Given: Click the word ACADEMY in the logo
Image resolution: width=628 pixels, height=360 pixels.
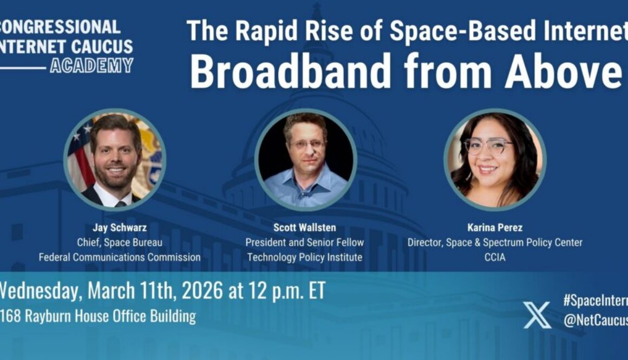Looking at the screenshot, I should pyautogui.click(x=91, y=66).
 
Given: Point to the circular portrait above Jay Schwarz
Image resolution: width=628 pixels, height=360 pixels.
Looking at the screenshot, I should pyautogui.click(x=115, y=159).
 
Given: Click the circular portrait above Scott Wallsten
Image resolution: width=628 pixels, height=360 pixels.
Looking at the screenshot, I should pyautogui.click(x=305, y=159).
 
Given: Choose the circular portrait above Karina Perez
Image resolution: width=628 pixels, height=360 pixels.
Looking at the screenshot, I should pyautogui.click(x=495, y=159).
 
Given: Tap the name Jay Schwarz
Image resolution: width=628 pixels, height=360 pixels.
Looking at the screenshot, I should pyautogui.click(x=119, y=227).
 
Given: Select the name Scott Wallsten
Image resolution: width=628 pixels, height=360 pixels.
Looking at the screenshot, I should pyautogui.click(x=304, y=227).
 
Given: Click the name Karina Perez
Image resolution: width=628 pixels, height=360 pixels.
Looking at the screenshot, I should pyautogui.click(x=494, y=227).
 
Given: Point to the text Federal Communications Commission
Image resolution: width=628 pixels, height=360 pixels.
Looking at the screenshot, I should pyautogui.click(x=119, y=257).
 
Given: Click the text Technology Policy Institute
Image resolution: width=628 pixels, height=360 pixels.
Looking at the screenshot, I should pyautogui.click(x=304, y=257).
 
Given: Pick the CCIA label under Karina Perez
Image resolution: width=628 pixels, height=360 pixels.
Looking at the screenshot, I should pyautogui.click(x=494, y=257).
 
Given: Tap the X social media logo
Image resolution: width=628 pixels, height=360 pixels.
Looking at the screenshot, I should pyautogui.click(x=537, y=315).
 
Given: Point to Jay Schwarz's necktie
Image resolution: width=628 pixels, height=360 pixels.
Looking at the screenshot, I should pyautogui.click(x=120, y=204).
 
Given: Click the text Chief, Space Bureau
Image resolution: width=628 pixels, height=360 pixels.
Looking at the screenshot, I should pyautogui.click(x=119, y=242).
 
